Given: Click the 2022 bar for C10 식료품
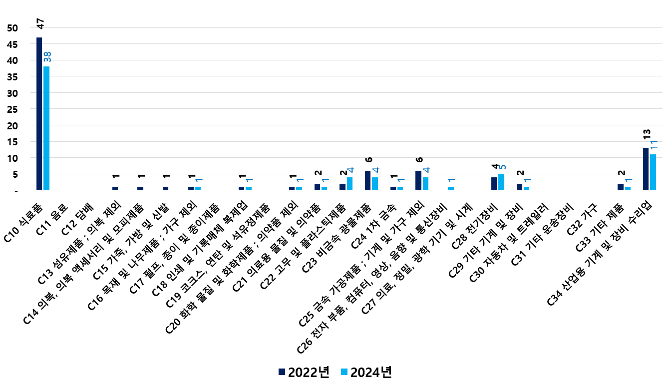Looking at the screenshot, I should pyautogui.click(x=39, y=114).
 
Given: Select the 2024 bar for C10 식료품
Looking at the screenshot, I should pyautogui.click(x=46, y=128).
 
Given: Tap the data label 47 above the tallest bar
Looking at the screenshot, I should pyautogui.click(x=40, y=24).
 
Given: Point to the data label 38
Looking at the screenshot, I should pyautogui.click(x=47, y=56).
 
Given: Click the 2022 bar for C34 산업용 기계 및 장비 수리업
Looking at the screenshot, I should pyautogui.click(x=646, y=169).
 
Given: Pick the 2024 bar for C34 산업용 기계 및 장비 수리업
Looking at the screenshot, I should pyautogui.click(x=653, y=172).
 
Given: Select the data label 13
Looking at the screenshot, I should pyautogui.click(x=647, y=134).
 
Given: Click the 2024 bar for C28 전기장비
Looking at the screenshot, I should pyautogui.click(x=501, y=182).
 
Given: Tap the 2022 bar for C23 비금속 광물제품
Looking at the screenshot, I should pyautogui.click(x=368, y=181).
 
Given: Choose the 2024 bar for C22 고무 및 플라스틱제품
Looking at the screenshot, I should pyautogui.click(x=349, y=184).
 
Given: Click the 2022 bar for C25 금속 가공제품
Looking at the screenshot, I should pyautogui.click(x=418, y=181).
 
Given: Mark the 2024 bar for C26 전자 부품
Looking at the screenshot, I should pyautogui.click(x=451, y=189).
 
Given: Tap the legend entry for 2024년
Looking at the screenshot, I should pyautogui.click(x=365, y=372).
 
